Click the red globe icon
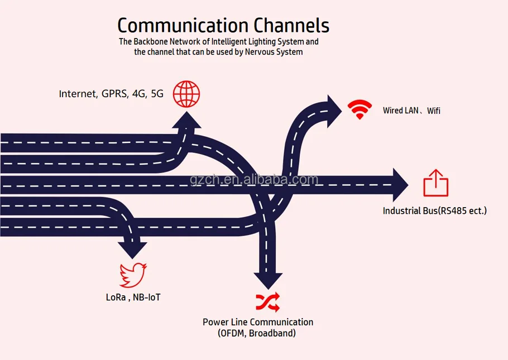click(186, 94)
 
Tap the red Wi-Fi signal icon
click(360, 109)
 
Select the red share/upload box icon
click(436, 183)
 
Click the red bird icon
click(133, 275)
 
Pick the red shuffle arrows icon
click(268, 302)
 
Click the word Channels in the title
click(291, 25)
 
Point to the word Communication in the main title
click(183, 25)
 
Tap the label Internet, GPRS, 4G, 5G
click(111, 94)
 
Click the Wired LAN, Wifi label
click(411, 111)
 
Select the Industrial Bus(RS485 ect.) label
click(435, 210)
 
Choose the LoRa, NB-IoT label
click(133, 297)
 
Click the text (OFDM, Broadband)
click(257, 333)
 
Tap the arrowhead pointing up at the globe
click(186, 120)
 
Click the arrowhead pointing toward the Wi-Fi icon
click(334, 111)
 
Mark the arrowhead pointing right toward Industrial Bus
click(400, 185)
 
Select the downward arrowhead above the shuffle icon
click(269, 281)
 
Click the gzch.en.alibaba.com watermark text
click(255, 179)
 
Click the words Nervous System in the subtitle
click(274, 52)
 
